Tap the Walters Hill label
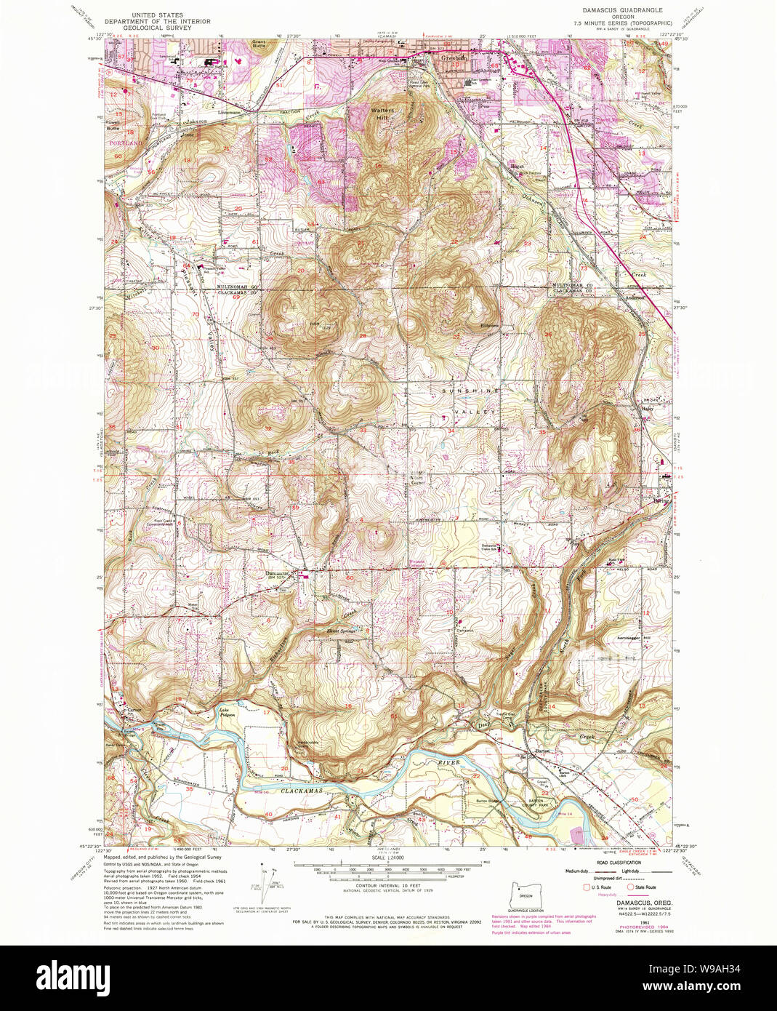tap(382, 113)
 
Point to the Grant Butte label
tap(259, 44)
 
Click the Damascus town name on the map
tap(277, 573)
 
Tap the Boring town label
tap(661, 501)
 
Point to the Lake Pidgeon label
tap(229, 712)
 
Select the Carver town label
tap(134, 710)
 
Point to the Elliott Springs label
tap(339, 631)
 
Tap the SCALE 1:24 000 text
tap(387, 859)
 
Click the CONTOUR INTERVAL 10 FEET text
tap(387, 895)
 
